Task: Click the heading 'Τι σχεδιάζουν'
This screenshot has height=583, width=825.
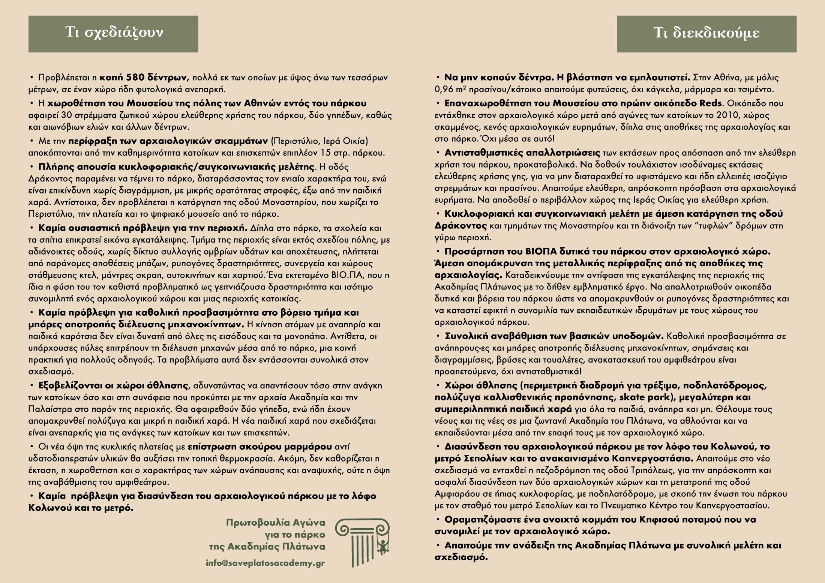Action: pos(114,33)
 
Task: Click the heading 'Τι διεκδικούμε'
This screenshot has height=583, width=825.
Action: pos(706,33)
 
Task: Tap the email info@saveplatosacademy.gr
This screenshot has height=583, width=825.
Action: pos(265,563)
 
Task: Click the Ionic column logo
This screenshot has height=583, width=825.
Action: pos(362,543)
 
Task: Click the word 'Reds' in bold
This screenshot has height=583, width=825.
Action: pos(711,103)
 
